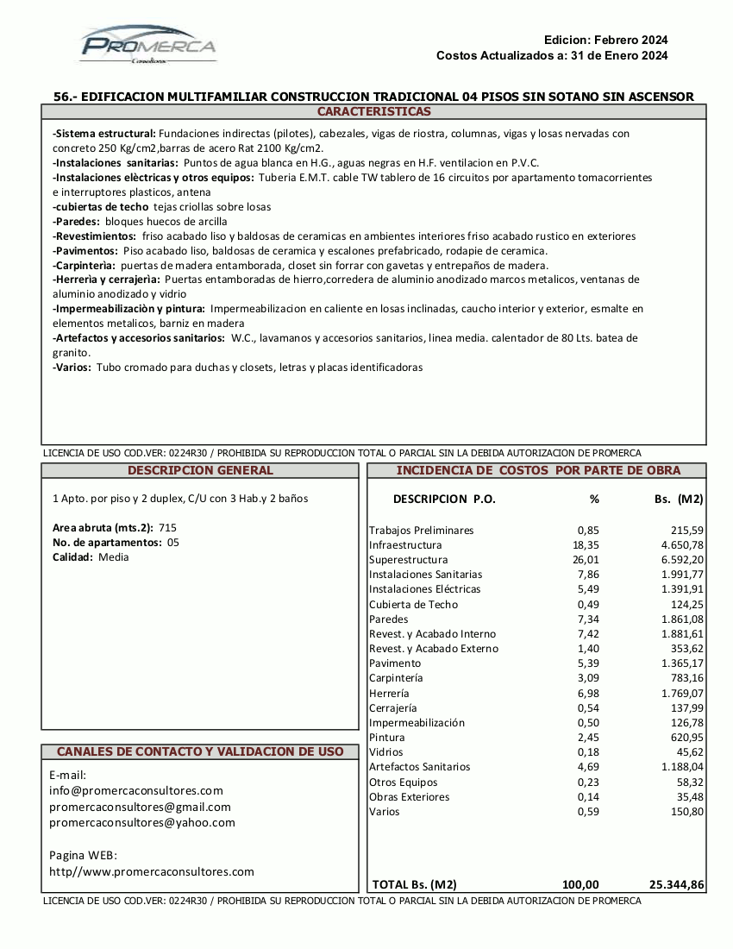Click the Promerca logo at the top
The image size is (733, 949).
(x=148, y=45)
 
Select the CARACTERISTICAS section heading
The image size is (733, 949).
(x=373, y=112)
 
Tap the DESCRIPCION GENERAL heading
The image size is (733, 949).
(x=200, y=471)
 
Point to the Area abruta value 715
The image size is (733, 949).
(x=167, y=527)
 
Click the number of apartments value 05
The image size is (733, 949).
(x=172, y=542)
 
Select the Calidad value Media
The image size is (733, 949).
(x=113, y=556)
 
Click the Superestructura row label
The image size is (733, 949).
(x=408, y=560)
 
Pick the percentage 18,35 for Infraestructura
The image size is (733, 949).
(x=586, y=545)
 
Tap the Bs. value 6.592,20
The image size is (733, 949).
(x=680, y=560)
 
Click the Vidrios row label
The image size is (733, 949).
(x=387, y=752)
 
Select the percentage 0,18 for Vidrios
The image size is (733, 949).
(x=588, y=752)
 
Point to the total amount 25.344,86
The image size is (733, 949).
(x=676, y=884)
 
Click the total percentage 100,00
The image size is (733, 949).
(x=580, y=884)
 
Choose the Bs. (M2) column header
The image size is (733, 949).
(x=679, y=499)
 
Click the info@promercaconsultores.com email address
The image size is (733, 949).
(x=136, y=790)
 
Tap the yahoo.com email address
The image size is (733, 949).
(x=142, y=822)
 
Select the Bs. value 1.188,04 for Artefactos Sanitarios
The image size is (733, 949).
(x=682, y=767)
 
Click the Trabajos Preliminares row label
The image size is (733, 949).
(x=421, y=531)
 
